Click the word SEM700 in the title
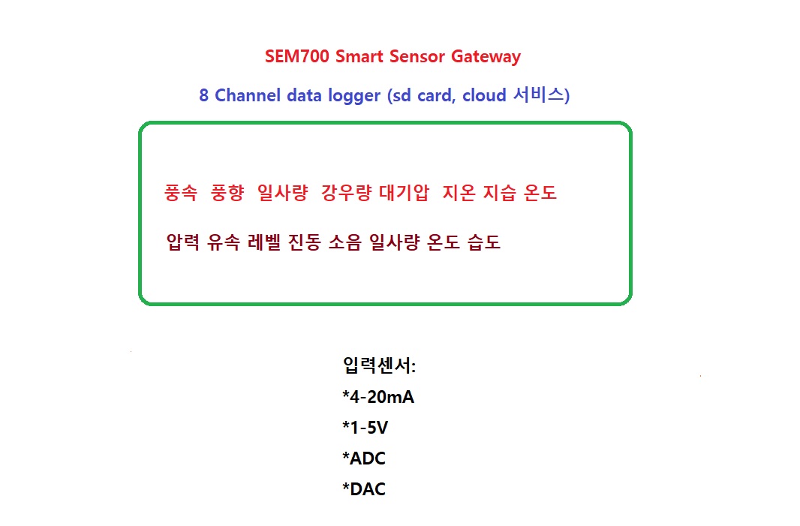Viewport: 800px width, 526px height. pyautogui.click(x=297, y=56)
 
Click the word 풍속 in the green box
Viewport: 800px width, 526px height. pyautogui.click(x=181, y=193)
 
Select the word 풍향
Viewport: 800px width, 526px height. pyautogui.click(x=227, y=193)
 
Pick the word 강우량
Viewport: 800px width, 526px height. pyautogui.click(x=347, y=193)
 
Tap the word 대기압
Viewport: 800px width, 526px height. pyautogui.click(x=404, y=193)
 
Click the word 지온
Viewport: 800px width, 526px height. pyautogui.click(x=459, y=193)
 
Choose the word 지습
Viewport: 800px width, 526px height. pyautogui.click(x=500, y=193)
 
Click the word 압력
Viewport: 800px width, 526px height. pyautogui.click(x=183, y=242)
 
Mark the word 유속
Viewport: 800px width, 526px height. pyautogui.click(x=224, y=242)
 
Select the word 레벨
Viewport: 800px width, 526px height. pyautogui.click(x=264, y=242)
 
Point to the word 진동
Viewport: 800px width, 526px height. pyautogui.click(x=305, y=242)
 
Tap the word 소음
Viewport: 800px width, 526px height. pyautogui.click(x=345, y=242)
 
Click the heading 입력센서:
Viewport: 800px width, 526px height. pyautogui.click(x=379, y=365)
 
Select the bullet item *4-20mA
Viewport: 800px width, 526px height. pyautogui.click(x=378, y=396)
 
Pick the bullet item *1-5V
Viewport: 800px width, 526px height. pyautogui.click(x=365, y=427)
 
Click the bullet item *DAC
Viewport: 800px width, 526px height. pyautogui.click(x=364, y=488)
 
